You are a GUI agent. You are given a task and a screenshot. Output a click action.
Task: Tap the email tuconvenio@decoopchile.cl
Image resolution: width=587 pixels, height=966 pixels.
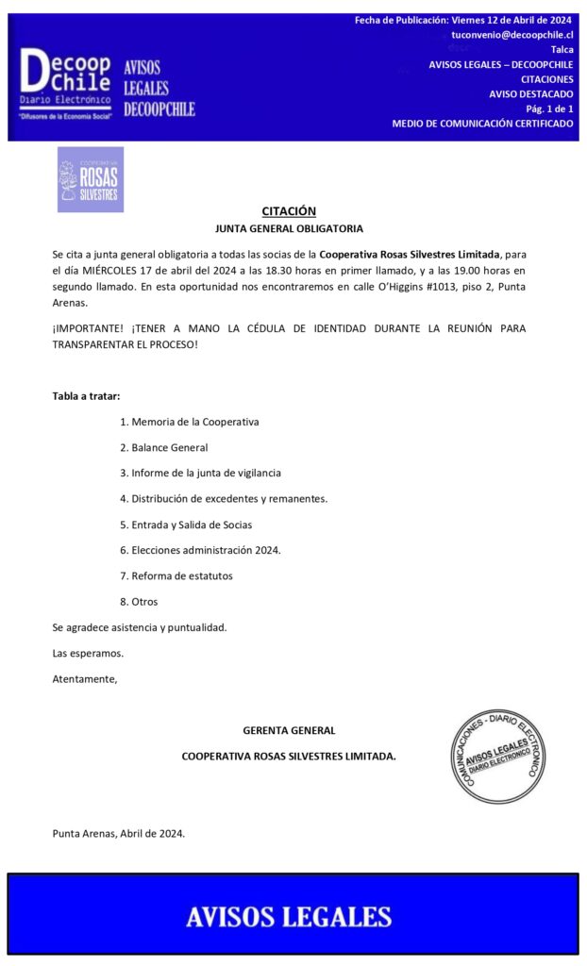click(512, 34)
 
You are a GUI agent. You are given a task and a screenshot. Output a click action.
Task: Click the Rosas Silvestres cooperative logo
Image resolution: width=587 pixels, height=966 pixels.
click(90, 179)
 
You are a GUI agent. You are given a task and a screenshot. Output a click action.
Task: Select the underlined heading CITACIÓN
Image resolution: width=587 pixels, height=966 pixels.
click(289, 211)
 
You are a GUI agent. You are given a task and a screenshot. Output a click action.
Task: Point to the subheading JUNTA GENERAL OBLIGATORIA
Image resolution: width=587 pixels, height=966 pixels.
click(289, 229)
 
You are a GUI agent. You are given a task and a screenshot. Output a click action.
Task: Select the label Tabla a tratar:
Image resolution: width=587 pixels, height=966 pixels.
click(86, 395)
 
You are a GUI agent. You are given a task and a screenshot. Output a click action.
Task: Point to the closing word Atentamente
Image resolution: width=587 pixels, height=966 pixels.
click(85, 678)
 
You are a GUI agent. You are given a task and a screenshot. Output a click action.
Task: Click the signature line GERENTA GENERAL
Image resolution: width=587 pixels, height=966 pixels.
click(289, 730)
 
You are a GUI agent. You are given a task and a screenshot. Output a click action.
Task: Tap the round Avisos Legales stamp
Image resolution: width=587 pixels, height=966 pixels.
click(497, 756)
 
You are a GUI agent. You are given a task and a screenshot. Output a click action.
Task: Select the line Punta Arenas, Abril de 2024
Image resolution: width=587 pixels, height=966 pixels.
click(119, 833)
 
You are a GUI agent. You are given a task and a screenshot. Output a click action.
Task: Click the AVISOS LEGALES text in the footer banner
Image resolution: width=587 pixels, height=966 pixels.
click(289, 916)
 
